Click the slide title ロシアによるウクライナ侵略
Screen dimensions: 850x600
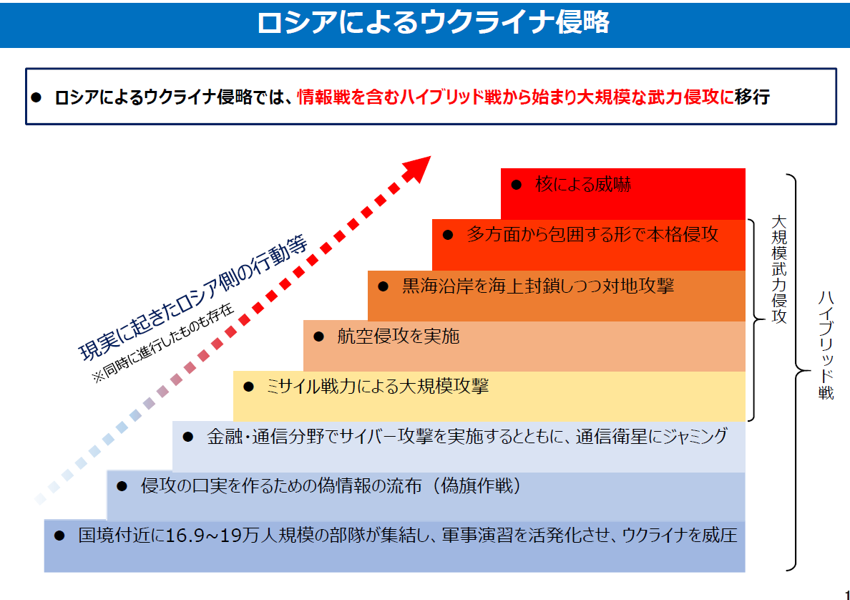click(x=433, y=24)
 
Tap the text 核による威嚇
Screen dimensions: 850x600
click(x=582, y=185)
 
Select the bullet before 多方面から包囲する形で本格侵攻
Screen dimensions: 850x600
click(x=448, y=235)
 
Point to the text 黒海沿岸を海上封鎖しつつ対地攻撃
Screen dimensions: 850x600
click(x=538, y=286)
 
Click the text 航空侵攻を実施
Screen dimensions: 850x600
click(x=399, y=337)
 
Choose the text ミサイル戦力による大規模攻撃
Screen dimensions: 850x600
click(x=377, y=386)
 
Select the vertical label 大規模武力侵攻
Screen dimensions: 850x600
click(x=779, y=270)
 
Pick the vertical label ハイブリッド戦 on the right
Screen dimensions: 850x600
click(x=826, y=346)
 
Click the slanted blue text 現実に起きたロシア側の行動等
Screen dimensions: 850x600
click(x=193, y=298)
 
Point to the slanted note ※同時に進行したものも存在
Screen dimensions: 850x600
click(x=163, y=343)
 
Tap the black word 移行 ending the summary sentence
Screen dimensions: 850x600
click(x=752, y=97)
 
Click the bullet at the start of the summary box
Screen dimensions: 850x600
click(x=36, y=97)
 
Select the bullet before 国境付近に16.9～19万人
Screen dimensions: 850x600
click(x=59, y=536)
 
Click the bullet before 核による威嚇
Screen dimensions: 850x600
click(x=517, y=185)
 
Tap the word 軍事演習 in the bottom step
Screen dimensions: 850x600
click(x=477, y=536)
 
